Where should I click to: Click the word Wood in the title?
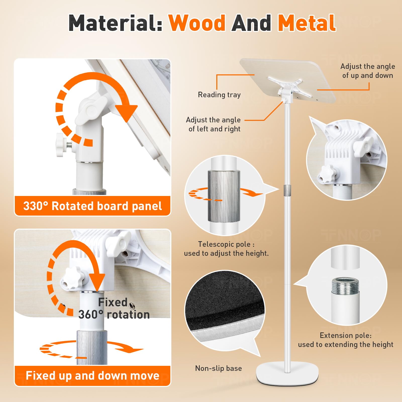pos(197,23)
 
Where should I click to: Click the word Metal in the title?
pos(307,23)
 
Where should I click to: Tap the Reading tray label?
pos(219,95)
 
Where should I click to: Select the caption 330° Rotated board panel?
pos(92,206)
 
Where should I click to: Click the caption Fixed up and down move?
pos(92,376)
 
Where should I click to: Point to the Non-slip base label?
pos(219,368)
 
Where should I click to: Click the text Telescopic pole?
pos(224,244)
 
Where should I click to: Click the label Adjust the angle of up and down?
pos(368,71)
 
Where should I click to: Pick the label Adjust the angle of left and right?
pos(213,124)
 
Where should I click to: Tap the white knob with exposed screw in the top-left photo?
pos(63,145)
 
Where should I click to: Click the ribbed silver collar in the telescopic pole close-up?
pos(224,196)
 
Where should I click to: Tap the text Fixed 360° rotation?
pos(114,308)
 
